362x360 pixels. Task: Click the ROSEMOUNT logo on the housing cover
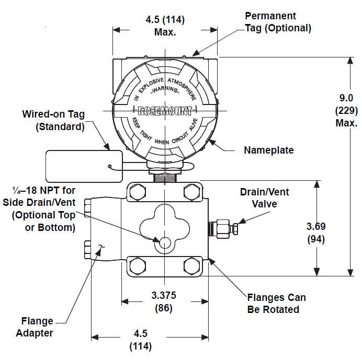pos(165,111)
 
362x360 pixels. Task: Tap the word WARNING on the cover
pos(165,89)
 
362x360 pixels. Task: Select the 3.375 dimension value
pos(164,295)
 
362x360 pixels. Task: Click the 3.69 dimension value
pos(316,226)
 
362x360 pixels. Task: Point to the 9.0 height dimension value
pos(346,98)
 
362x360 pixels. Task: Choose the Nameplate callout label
pos(269,150)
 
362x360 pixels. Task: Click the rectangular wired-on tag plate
pos(84,166)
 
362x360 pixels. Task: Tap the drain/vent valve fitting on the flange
pos(223,228)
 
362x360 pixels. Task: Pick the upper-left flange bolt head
pos(138,192)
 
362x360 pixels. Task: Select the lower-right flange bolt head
pos(191,266)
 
